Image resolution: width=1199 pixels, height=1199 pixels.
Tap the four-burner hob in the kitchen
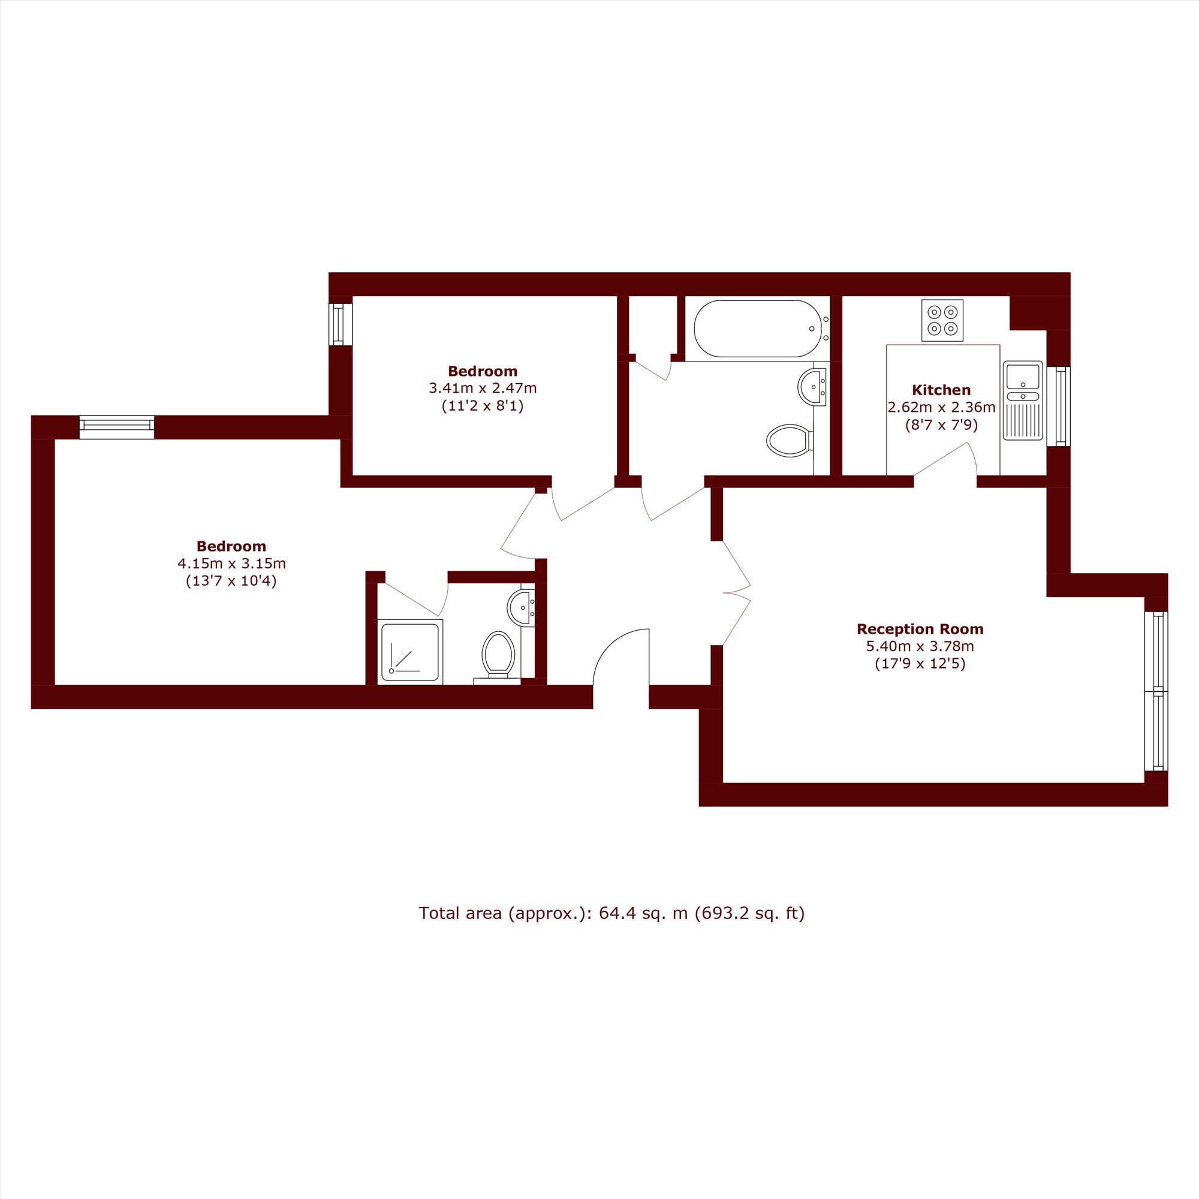[x=942, y=320]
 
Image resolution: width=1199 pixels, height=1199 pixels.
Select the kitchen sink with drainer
[x=1023, y=401]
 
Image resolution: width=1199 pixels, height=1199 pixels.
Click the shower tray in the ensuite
[x=410, y=652]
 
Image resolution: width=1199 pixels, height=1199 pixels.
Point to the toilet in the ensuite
[x=498, y=655]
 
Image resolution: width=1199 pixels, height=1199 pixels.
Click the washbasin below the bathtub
[x=812, y=387]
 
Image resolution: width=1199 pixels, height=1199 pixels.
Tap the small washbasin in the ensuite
[x=522, y=607]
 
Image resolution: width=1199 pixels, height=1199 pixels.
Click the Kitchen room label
[x=941, y=390]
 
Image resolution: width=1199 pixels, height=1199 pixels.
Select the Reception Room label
[x=920, y=629]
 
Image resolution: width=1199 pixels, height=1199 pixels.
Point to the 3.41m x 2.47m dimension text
[x=483, y=388]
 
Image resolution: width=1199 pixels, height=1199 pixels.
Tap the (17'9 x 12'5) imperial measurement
[x=920, y=664]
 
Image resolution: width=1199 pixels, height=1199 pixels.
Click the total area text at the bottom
[x=611, y=914]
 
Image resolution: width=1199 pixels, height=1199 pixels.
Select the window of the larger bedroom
[x=117, y=427]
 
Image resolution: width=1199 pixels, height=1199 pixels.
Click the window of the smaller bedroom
[x=340, y=324]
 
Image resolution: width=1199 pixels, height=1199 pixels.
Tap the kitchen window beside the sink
[x=1059, y=406]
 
